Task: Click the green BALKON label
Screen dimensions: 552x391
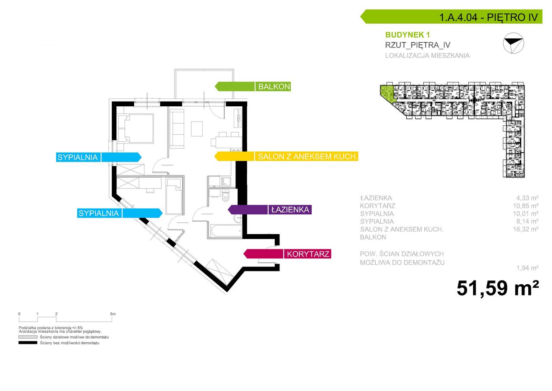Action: pos(253,87)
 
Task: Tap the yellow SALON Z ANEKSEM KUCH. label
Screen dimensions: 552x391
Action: pos(286,156)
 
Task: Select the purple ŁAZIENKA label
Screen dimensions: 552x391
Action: pos(270,210)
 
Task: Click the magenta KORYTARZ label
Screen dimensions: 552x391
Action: pos(287,254)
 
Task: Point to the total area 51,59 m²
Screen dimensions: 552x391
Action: pos(498,288)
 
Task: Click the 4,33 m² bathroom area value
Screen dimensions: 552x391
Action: pos(527,198)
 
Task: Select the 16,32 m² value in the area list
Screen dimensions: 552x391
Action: pos(526,229)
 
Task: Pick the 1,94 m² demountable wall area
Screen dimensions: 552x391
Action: pos(527,268)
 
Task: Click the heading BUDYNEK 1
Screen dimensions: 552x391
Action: pos(408,35)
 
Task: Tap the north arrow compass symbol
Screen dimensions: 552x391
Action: pos(514,43)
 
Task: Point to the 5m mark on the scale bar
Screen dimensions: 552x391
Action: pos(113,314)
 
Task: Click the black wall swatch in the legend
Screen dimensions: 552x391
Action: pos(28,343)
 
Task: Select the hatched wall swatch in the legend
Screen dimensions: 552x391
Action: pos(28,337)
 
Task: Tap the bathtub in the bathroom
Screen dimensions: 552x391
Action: pos(226,231)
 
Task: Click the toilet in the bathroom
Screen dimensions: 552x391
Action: pos(226,196)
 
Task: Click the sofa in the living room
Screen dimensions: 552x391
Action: pos(177,128)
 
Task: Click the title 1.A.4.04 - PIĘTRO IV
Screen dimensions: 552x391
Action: pos(489,17)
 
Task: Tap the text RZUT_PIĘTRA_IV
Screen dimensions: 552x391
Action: pos(418,45)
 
